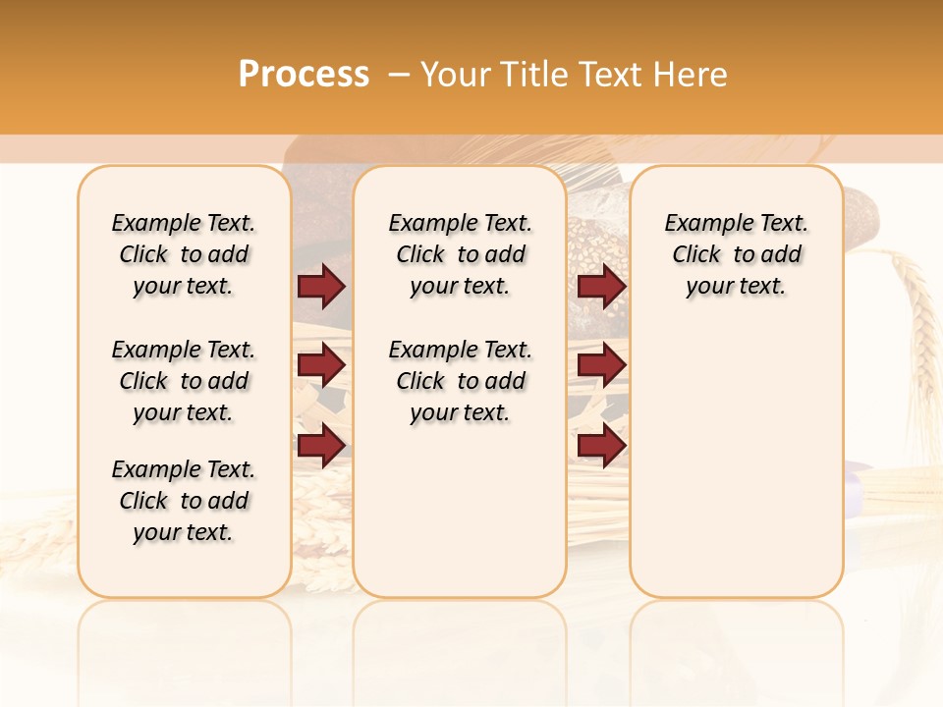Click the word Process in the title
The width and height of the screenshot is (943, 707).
point(304,74)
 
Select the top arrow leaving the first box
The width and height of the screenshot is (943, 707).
point(321,286)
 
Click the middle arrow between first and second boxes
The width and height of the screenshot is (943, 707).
point(321,366)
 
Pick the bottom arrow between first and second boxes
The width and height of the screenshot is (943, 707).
point(321,446)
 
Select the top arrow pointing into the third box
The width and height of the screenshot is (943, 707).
point(601,286)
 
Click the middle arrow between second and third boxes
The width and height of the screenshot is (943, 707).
point(601,366)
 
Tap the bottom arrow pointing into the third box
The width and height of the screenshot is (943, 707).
point(601,446)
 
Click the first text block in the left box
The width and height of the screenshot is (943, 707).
point(184,254)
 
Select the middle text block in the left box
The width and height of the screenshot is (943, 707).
point(184,381)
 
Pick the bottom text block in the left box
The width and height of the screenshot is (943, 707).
point(184,501)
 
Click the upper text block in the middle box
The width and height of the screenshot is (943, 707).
point(460,254)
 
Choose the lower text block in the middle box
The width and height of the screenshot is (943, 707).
point(460,381)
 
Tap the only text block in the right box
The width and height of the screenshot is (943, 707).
point(736,254)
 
